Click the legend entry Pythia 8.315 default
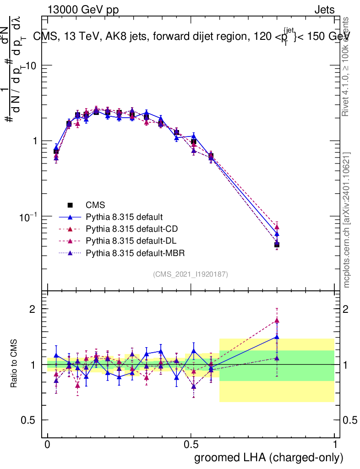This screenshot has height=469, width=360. pyautogui.click(x=124, y=217)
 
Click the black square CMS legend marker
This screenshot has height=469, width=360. pyautogui.click(x=71, y=205)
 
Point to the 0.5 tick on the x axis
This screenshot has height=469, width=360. pyautogui.click(x=191, y=445)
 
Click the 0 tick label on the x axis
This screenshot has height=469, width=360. pyautogui.click(x=48, y=445)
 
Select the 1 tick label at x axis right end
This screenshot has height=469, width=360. pyautogui.click(x=335, y=445)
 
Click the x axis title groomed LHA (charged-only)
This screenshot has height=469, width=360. pyautogui.click(x=269, y=458)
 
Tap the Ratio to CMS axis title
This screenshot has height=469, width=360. pyautogui.click(x=14, y=364)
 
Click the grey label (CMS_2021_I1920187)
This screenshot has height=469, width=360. pyautogui.click(x=191, y=274)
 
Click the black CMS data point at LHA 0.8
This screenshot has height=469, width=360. pyautogui.click(x=277, y=245)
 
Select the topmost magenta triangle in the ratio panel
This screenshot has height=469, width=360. pyautogui.click(x=277, y=321)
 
